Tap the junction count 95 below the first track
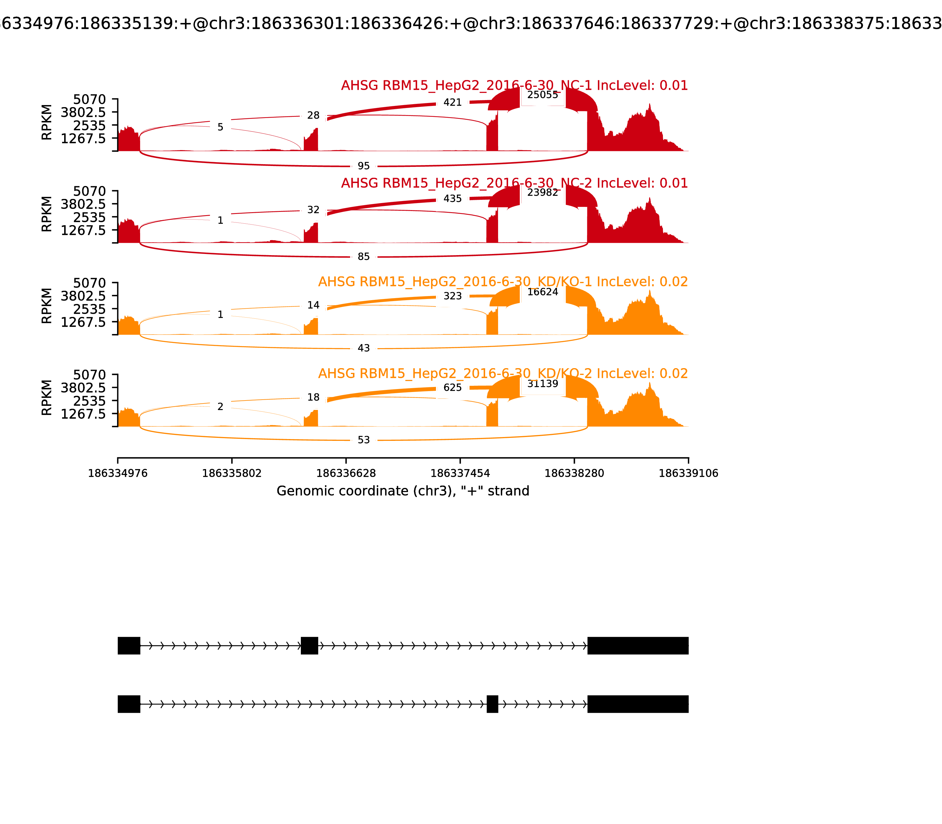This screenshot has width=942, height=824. (363, 166)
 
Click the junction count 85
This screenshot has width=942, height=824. (363, 257)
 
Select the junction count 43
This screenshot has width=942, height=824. (363, 348)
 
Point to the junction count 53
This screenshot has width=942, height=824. (363, 440)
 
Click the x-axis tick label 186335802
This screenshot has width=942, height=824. (232, 474)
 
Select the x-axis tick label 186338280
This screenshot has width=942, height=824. (574, 474)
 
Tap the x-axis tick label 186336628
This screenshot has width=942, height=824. (346, 474)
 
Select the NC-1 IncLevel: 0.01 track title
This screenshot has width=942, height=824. (514, 86)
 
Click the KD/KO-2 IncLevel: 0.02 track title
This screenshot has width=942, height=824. (503, 373)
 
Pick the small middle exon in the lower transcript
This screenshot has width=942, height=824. (492, 704)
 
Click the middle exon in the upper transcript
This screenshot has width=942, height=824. (309, 646)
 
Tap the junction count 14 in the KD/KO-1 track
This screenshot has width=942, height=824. (313, 305)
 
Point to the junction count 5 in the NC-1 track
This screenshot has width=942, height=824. (220, 127)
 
